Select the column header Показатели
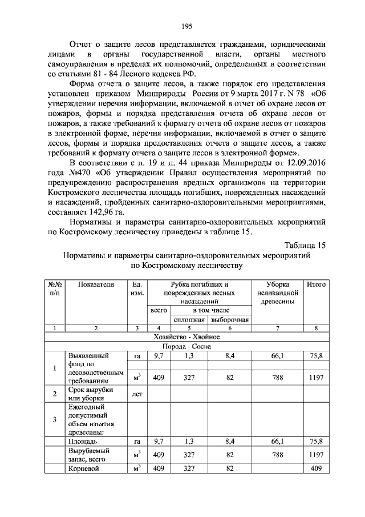coord(96,284)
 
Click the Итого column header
coord(315,284)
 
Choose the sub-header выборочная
coord(230,319)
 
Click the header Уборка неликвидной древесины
coord(278,292)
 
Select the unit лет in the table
coord(137,394)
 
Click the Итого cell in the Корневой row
coord(315,468)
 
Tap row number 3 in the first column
coord(55,419)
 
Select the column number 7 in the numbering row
coord(278,328)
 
